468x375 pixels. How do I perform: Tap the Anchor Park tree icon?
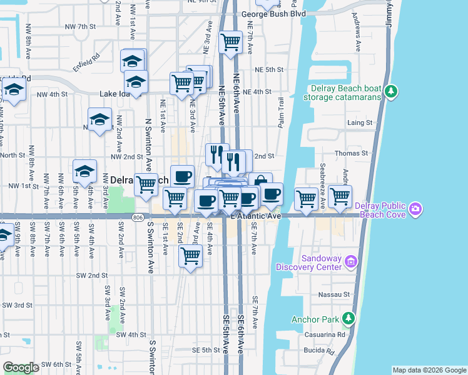coord(348,319)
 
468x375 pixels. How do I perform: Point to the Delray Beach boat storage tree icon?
coord(392,91)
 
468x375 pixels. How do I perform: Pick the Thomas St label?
coord(352,152)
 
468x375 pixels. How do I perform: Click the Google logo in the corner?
coord(21,367)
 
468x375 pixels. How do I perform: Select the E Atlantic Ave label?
coord(257,216)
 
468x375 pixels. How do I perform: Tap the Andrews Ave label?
coord(357,37)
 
